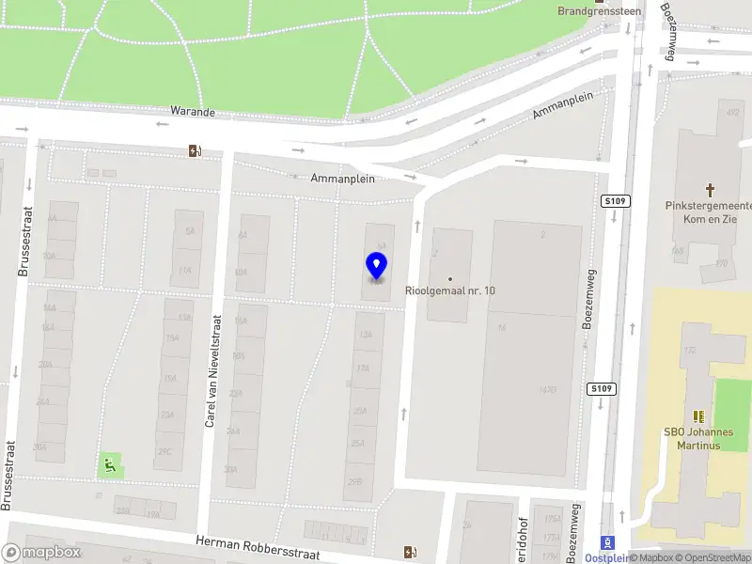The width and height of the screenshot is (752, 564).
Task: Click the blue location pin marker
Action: tap(376, 266)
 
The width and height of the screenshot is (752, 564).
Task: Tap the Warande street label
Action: tap(193, 112)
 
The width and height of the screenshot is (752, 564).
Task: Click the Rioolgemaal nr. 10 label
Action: tap(450, 291)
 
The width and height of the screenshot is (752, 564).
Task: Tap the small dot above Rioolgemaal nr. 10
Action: tap(450, 278)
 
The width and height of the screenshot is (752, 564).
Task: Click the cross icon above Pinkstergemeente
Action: tap(710, 189)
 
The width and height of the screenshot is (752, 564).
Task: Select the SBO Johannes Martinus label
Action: tap(697, 438)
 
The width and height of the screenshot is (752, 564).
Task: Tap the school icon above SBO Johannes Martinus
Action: tap(697, 415)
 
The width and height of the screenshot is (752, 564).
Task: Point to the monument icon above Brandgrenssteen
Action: tap(600, 2)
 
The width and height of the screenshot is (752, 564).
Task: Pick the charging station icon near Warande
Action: tap(195, 150)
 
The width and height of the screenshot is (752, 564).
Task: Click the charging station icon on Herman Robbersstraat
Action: tap(409, 552)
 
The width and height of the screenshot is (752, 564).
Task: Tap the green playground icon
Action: tap(110, 463)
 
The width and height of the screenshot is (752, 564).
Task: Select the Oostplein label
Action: tap(606, 558)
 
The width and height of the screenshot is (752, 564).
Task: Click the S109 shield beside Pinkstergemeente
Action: tap(615, 201)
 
